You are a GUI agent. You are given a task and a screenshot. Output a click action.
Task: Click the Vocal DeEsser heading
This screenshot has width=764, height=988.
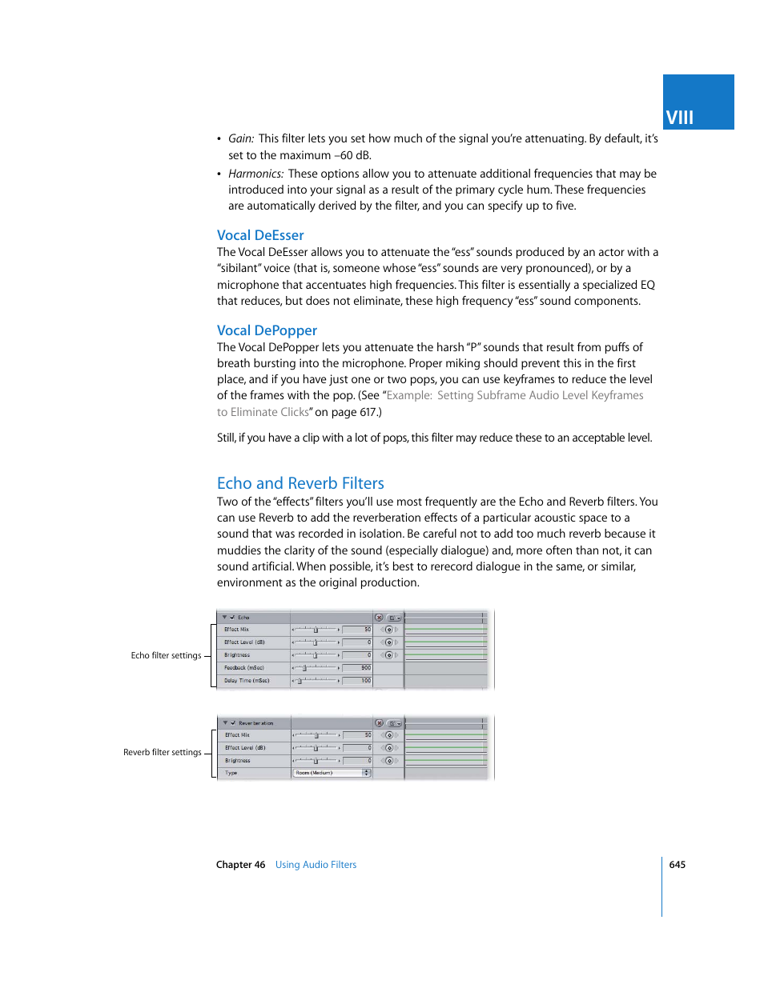[260, 235]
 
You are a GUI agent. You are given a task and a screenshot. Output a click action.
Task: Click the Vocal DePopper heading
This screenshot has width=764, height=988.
[267, 330]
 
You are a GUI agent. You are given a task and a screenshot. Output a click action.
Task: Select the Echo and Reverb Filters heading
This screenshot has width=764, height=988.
[300, 483]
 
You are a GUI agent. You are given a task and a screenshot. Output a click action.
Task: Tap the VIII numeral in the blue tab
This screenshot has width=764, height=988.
[679, 118]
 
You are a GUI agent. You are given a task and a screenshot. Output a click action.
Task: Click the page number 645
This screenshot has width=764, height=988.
[677, 865]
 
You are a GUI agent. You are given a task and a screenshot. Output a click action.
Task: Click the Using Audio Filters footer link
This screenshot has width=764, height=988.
[316, 865]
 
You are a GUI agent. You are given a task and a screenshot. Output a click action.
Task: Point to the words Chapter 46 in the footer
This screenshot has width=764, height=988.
[240, 865]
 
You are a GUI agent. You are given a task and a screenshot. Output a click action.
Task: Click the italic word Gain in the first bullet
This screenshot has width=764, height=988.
[240, 138]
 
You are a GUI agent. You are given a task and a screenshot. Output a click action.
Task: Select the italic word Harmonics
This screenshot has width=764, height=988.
[255, 174]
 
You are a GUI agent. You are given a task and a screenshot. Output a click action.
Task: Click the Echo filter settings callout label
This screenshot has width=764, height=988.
[166, 655]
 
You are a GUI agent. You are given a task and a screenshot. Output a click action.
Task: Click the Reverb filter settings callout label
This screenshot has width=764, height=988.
[162, 752]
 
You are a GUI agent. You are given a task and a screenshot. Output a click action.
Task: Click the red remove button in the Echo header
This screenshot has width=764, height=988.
[379, 618]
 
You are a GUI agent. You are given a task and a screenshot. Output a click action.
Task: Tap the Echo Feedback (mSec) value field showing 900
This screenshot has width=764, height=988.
[357, 668]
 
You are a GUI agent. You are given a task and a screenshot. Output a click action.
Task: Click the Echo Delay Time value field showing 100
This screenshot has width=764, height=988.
[357, 681]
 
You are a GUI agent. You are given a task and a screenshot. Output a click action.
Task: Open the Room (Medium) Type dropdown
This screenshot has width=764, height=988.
[332, 773]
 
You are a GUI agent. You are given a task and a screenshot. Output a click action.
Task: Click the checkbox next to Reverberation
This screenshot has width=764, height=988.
[233, 723]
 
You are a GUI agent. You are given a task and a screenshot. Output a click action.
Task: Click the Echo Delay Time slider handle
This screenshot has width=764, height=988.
[300, 681]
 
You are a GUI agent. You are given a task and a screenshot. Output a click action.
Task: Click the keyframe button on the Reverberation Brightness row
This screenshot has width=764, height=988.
[389, 761]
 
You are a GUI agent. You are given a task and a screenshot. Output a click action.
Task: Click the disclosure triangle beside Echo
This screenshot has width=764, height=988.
[224, 618]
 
